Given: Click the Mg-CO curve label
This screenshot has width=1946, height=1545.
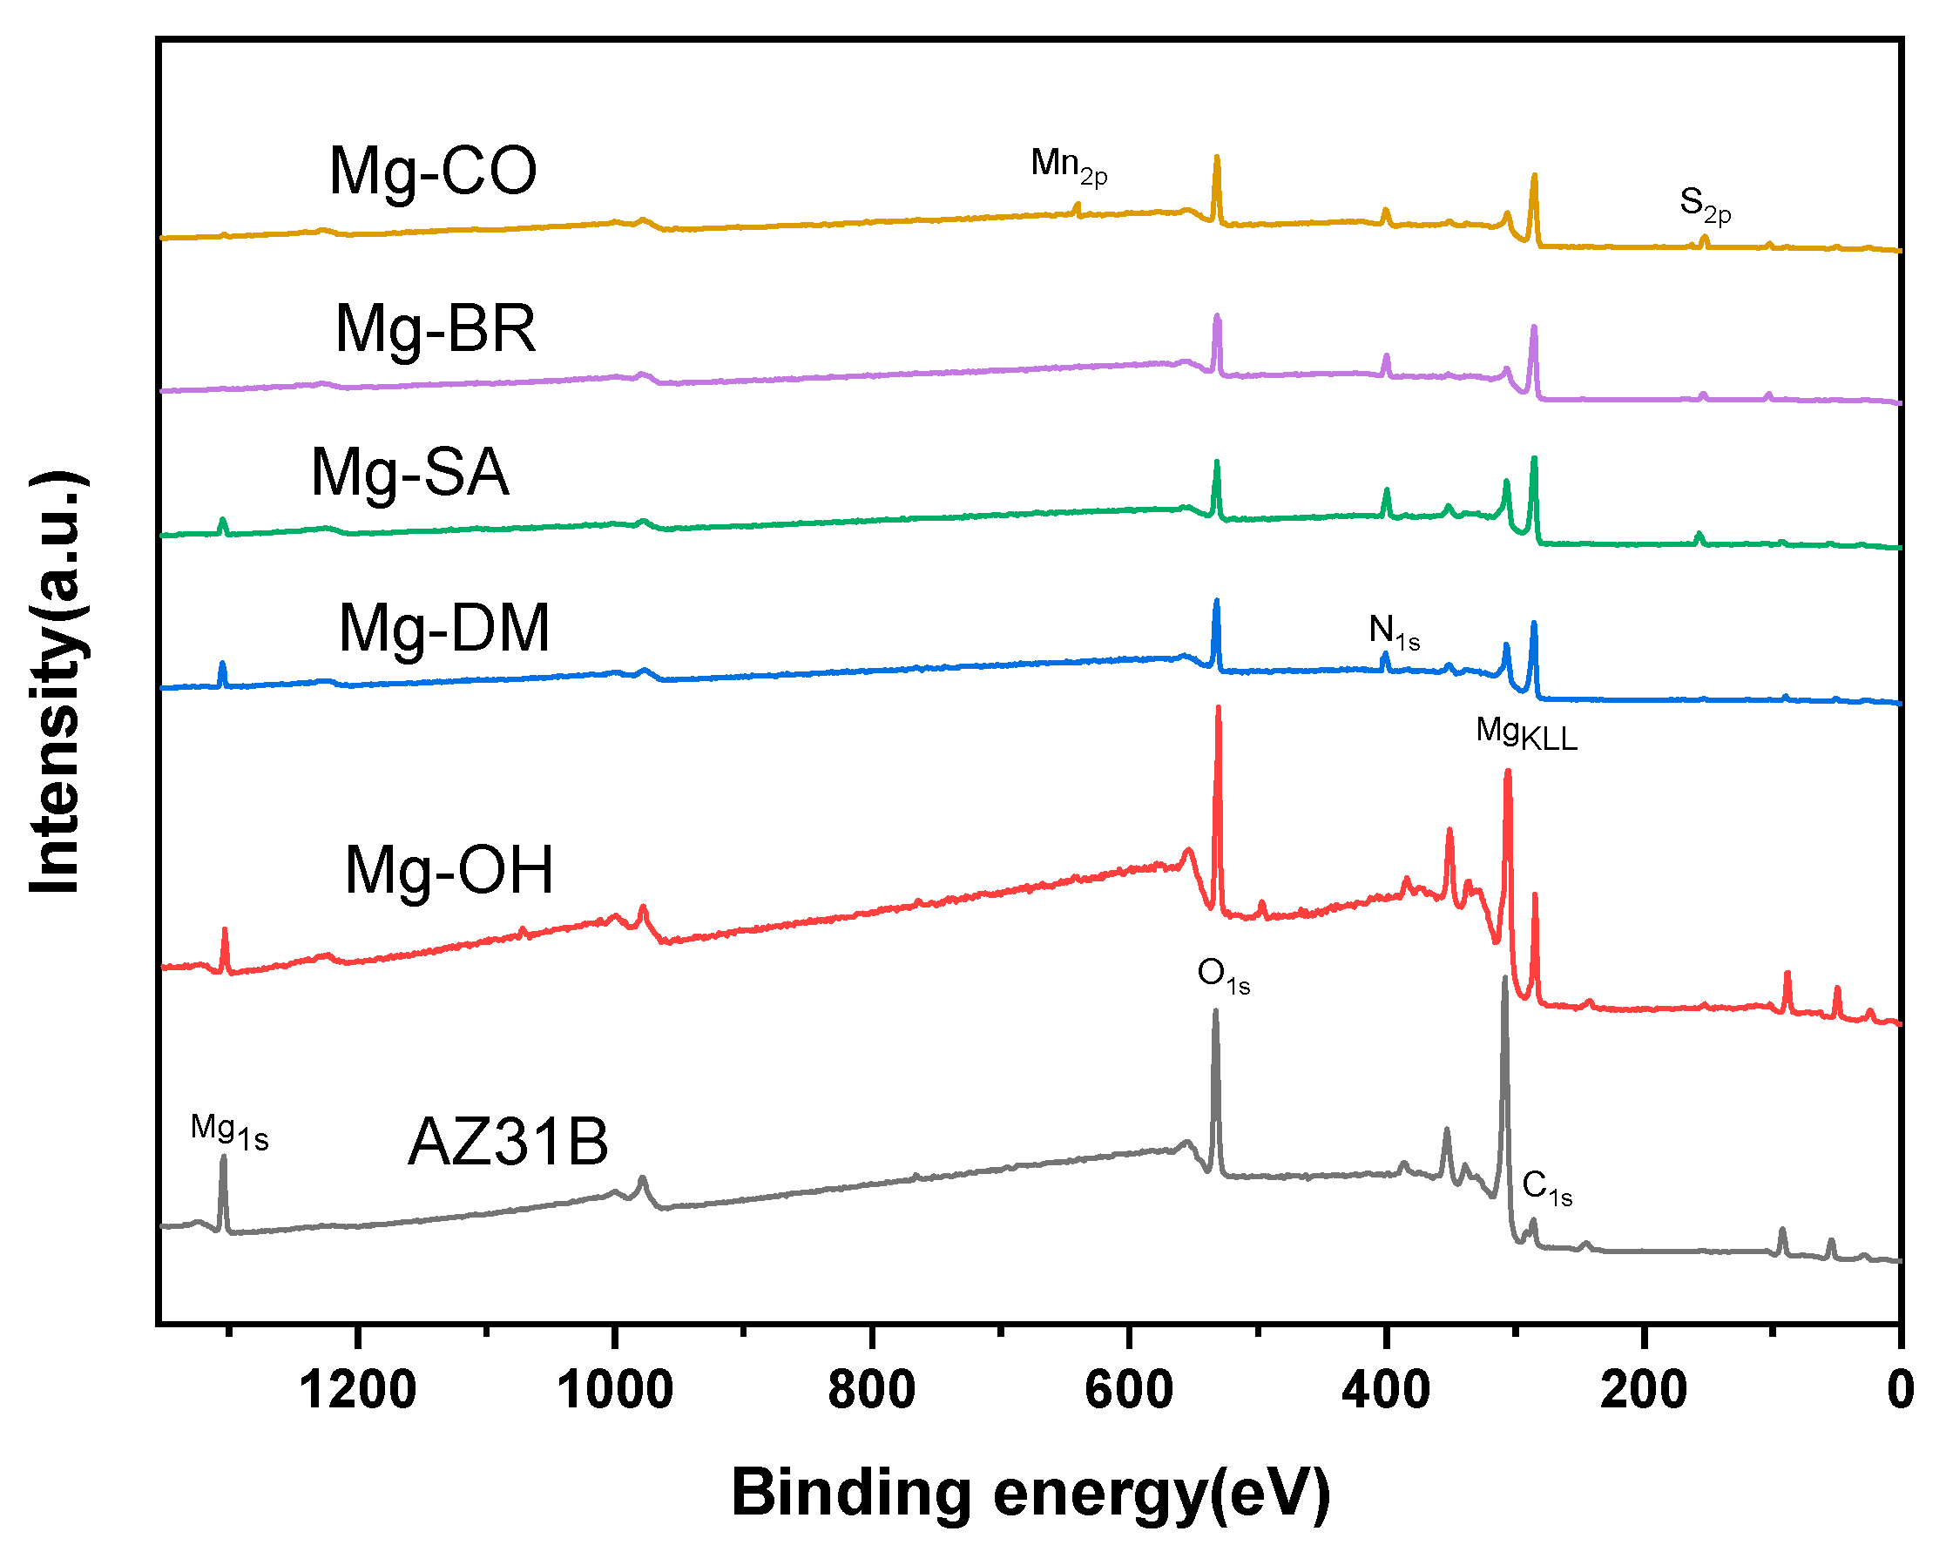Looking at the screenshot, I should click(432, 172).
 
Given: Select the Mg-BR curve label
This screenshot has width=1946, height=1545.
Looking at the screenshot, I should click(435, 328).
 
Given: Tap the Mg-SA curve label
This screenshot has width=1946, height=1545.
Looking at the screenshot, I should click(409, 472).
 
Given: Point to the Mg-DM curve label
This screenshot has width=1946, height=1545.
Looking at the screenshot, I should click(443, 628).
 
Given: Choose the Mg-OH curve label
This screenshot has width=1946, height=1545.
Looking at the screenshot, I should click(449, 871).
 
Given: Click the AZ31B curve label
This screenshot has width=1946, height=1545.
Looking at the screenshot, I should click(508, 1143).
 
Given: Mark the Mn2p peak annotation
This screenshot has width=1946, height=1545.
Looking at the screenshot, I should click(1069, 166).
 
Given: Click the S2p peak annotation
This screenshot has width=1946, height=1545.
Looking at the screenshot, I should click(1705, 204).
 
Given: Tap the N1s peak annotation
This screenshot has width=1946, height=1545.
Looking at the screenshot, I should click(1394, 631).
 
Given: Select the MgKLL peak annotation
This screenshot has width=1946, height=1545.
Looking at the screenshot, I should click(1526, 732).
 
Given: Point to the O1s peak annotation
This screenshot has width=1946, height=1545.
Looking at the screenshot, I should click(1223, 975).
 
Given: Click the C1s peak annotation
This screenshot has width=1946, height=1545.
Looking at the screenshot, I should click(1547, 1188).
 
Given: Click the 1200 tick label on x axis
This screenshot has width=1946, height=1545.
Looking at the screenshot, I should click(357, 1391).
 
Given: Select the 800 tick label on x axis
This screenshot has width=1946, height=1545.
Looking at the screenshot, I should click(872, 1391).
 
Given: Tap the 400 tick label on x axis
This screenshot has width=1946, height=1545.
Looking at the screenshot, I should click(1386, 1391).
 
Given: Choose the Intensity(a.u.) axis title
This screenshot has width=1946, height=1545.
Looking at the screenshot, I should click(56, 682).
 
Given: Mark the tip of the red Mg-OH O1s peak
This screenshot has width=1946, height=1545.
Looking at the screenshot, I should click(1219, 708).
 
